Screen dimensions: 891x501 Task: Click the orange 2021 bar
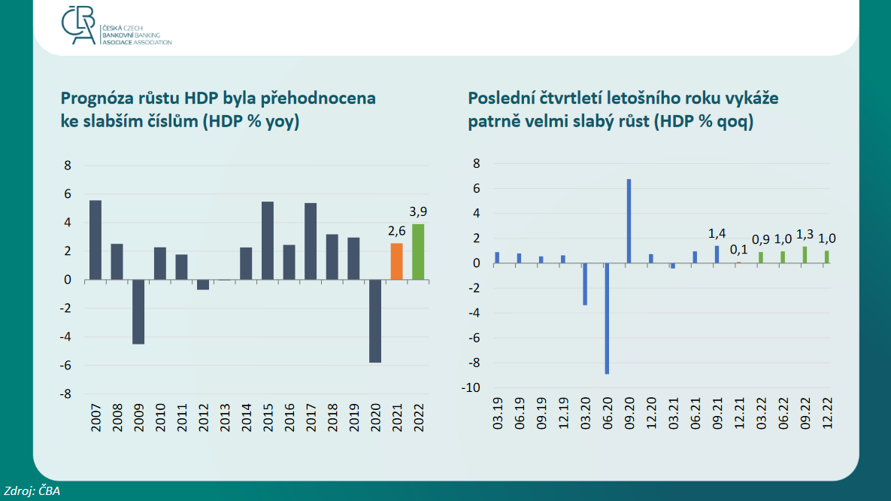pos(397,262)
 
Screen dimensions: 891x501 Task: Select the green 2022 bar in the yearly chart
pos(418,252)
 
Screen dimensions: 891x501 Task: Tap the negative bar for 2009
pos(138,311)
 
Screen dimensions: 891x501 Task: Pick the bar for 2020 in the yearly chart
pos(375,320)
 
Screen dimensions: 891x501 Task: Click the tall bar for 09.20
pos(629,221)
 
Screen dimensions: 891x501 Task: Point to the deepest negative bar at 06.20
pos(607,318)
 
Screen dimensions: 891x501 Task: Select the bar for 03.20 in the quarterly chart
pos(585,284)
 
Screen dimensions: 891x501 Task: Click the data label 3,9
pos(418,211)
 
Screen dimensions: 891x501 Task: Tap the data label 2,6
pos(397,231)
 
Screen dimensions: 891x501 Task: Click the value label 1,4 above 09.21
pos(717,233)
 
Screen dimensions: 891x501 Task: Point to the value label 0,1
pos(738,250)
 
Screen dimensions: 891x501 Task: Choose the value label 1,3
pos(805,234)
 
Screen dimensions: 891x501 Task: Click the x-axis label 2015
pos(268,418)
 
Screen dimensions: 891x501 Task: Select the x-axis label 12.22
pos(827,414)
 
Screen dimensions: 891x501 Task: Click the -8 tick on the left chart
pos(65,394)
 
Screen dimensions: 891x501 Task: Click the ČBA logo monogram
pos(78,26)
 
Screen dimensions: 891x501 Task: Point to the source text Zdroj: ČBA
pos(32,490)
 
